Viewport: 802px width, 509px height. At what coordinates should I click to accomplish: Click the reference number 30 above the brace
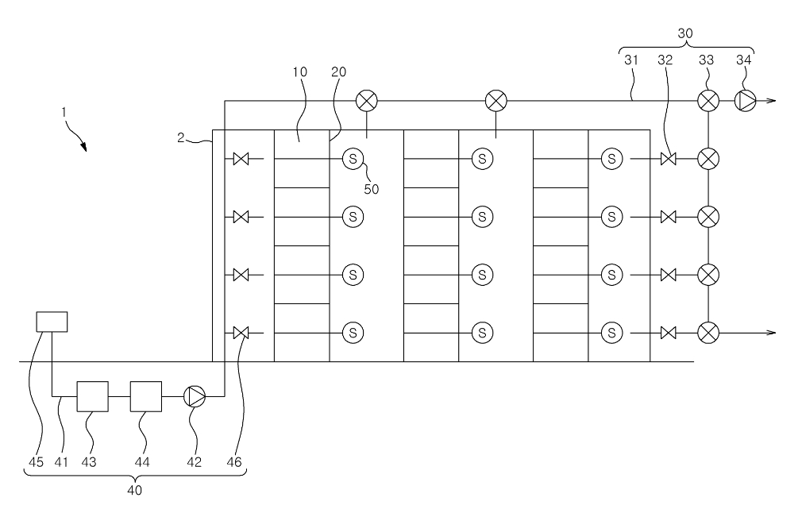click(x=684, y=34)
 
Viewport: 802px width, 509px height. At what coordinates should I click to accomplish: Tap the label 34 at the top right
click(x=743, y=60)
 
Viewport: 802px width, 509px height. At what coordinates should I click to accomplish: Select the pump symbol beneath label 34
click(x=746, y=101)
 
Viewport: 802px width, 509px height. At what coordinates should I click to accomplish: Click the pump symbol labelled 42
click(x=195, y=396)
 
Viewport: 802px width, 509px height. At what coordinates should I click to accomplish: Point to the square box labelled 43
click(x=93, y=396)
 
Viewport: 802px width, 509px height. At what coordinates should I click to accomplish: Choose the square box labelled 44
click(x=146, y=396)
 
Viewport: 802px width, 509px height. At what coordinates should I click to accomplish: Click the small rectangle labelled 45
click(x=52, y=322)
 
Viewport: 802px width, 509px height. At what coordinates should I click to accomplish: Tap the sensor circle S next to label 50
click(x=353, y=159)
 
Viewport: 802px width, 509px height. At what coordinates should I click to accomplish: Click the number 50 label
click(x=372, y=189)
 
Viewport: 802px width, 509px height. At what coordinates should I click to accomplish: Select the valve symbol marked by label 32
click(x=668, y=159)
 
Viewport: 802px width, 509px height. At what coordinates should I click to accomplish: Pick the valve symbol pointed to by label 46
click(x=241, y=333)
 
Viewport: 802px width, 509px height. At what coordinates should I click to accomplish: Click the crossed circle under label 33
click(x=708, y=101)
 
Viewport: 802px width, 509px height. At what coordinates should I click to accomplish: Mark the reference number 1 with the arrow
click(x=64, y=112)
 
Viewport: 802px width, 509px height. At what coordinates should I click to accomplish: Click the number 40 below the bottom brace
click(x=134, y=490)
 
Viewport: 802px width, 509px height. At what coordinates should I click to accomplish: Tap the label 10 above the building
click(x=299, y=72)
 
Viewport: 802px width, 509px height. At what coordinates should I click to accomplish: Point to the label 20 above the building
click(x=338, y=72)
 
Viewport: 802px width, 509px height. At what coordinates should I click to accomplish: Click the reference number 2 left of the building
click(x=180, y=137)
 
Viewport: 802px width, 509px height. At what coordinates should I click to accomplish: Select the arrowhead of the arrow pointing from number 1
click(x=83, y=147)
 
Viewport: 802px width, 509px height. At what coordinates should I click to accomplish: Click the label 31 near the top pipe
click(x=632, y=60)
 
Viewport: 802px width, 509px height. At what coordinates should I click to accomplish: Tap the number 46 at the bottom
click(x=233, y=462)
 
